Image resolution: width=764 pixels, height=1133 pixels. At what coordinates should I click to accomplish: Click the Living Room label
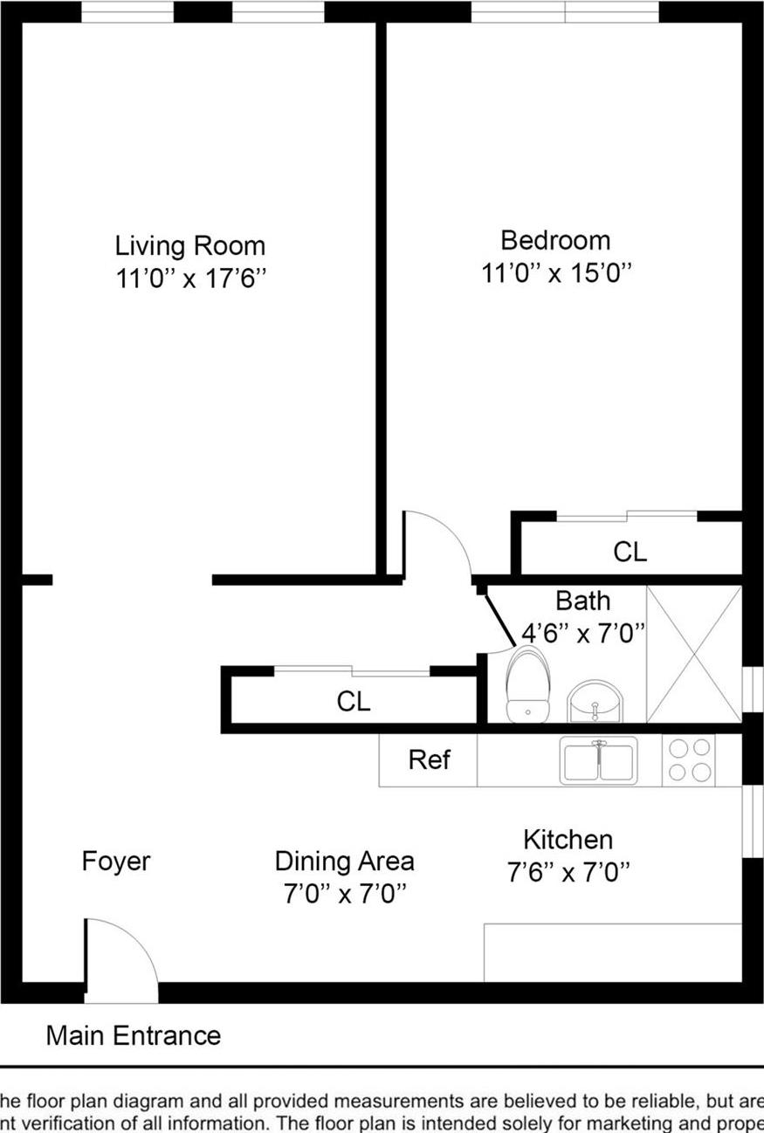[190, 245]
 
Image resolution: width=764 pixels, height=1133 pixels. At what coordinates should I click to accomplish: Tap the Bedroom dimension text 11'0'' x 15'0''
[555, 273]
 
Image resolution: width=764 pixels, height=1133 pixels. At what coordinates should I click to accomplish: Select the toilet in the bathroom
[528, 686]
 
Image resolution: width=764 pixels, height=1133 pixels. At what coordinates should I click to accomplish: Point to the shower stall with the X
[693, 654]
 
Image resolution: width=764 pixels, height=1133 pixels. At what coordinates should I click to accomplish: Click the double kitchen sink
[599, 760]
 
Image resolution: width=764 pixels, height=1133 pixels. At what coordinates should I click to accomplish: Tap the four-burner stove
[688, 760]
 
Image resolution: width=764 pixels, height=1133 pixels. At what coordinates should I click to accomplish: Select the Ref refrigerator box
[429, 760]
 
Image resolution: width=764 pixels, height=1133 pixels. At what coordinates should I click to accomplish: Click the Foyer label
[116, 862]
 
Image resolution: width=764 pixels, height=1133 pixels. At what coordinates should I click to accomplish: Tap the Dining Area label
[344, 862]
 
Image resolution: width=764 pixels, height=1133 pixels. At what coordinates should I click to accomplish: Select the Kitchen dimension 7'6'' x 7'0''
[568, 872]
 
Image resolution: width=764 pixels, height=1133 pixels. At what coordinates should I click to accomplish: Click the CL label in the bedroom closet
[630, 552]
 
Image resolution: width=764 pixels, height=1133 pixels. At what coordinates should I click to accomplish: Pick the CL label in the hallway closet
[353, 701]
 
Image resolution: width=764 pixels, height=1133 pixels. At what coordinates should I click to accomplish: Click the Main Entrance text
[134, 1036]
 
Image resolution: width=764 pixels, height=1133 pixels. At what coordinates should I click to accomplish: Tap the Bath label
[582, 601]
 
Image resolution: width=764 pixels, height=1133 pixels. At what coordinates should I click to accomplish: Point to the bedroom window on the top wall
[564, 12]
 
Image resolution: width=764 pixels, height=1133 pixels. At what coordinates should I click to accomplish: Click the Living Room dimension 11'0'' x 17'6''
[190, 279]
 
